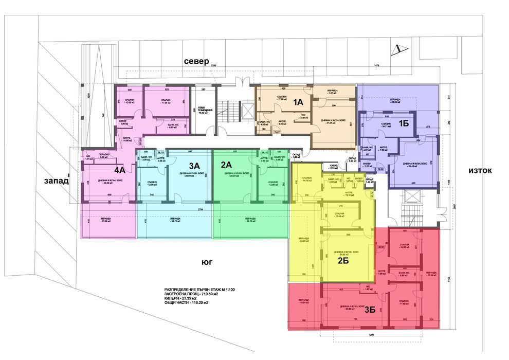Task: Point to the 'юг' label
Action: tap(207, 262)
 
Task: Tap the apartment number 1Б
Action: tap(404, 123)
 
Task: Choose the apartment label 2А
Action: tap(227, 165)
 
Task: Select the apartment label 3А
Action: tap(194, 166)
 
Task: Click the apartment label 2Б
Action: tap(343, 260)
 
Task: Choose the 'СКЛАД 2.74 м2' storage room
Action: tap(333, 167)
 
